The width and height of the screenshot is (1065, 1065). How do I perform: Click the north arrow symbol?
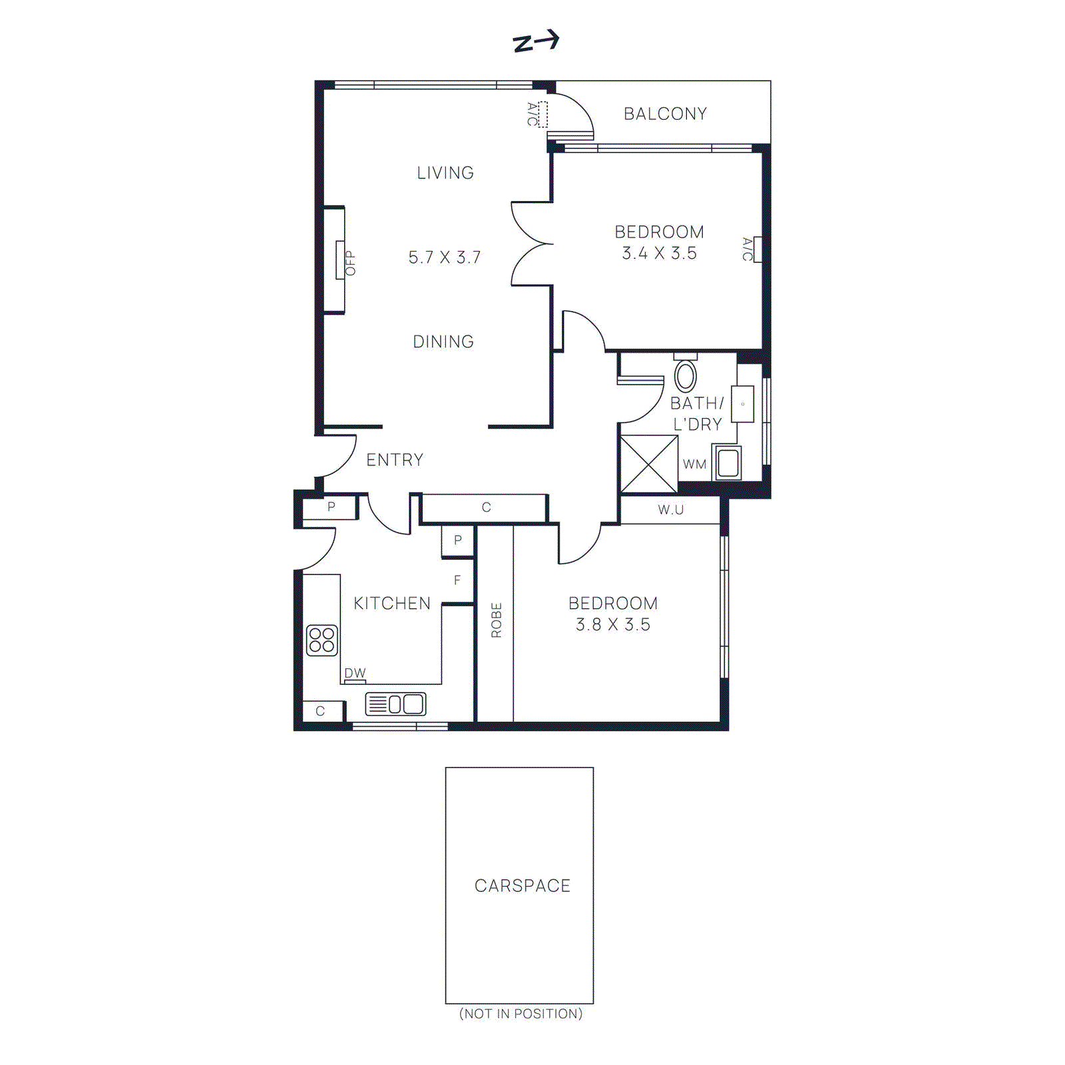tap(536, 42)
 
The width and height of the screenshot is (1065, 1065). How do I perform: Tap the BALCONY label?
tap(665, 114)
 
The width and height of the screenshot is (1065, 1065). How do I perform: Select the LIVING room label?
tap(445, 173)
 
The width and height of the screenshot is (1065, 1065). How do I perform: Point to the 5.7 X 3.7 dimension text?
tap(445, 258)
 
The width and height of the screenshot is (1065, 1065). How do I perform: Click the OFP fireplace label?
tap(350, 264)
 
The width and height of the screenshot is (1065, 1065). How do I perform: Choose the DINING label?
tap(443, 342)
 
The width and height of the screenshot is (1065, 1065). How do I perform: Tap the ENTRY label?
tap(395, 460)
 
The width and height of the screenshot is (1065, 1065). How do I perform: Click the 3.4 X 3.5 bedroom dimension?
tap(659, 254)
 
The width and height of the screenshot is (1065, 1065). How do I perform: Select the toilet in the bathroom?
tap(686, 374)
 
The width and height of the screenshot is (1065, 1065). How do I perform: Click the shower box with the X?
tap(649, 464)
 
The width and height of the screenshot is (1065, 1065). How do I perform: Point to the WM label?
tap(694, 465)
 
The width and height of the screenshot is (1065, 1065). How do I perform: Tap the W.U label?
tap(671, 510)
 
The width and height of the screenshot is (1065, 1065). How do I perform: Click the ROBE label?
tap(497, 620)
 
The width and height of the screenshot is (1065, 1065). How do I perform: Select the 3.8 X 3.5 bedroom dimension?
tap(613, 625)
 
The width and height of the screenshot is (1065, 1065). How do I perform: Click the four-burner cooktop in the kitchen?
tap(322, 640)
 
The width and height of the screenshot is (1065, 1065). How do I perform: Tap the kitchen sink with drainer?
tap(395, 704)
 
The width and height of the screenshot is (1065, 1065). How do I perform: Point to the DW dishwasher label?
tap(355, 673)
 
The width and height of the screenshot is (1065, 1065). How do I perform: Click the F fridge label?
tap(457, 580)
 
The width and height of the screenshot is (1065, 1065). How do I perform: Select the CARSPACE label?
tap(523, 886)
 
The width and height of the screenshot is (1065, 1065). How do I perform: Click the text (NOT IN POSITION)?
tap(521, 1014)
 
